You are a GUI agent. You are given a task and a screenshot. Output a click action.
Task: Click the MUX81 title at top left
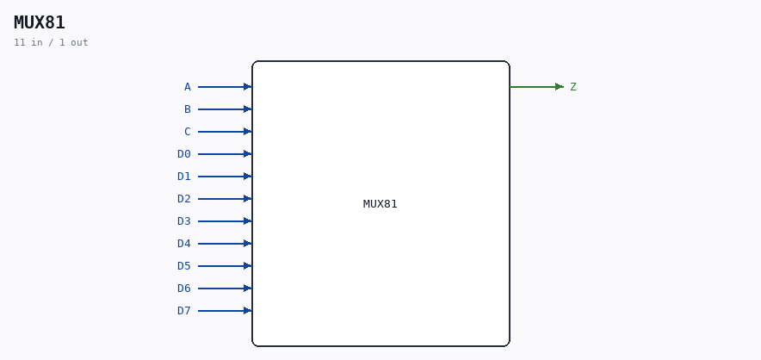pos(40,23)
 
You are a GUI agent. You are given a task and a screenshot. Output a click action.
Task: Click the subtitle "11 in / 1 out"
pos(51,43)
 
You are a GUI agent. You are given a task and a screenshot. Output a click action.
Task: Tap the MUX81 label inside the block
pos(380,204)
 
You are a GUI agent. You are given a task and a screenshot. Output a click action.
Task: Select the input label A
pos(188,87)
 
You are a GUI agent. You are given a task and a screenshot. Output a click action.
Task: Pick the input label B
pos(188,109)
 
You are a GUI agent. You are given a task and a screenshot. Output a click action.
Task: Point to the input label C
pos(188,132)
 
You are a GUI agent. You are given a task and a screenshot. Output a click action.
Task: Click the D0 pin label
pos(184,154)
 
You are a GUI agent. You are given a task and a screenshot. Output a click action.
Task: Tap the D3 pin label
pos(184,221)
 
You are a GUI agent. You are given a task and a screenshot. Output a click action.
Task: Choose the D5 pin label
pos(184,266)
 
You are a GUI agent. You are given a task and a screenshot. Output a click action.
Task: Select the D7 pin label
pos(184,310)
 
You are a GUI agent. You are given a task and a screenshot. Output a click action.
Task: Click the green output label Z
pos(573,87)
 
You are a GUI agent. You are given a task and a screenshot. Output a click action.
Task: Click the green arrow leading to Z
pos(537,87)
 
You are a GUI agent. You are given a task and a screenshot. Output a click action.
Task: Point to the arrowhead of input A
pos(248,87)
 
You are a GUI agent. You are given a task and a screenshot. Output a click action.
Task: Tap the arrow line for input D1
pos(225,177)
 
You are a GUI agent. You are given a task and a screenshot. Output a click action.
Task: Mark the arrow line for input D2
pos(225,199)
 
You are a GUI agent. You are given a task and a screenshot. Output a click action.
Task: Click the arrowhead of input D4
pos(248,244)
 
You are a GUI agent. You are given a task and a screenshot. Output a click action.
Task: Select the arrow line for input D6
pos(225,289)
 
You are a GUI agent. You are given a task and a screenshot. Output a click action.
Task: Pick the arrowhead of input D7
pos(248,310)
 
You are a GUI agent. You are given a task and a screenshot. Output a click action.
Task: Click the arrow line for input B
pos(225,109)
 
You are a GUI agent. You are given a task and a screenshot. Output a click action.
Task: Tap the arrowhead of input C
pos(248,132)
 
